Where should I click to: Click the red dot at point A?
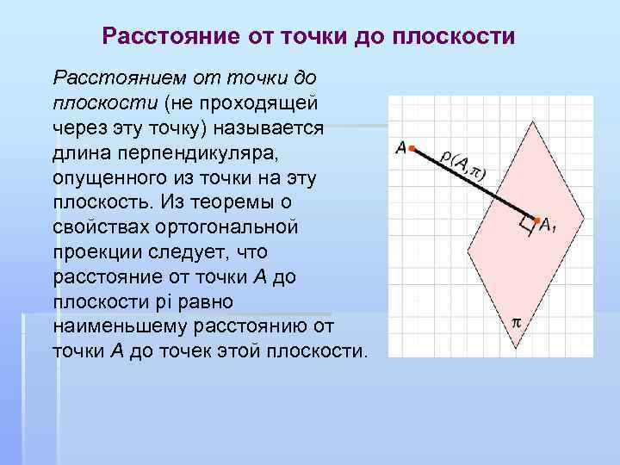[x=412, y=148]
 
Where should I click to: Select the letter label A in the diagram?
[x=400, y=148]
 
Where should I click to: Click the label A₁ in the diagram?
[x=548, y=226]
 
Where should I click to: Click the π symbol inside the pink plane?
[x=517, y=323]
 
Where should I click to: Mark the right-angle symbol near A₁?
[x=525, y=226]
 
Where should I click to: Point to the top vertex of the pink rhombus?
[x=536, y=121]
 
